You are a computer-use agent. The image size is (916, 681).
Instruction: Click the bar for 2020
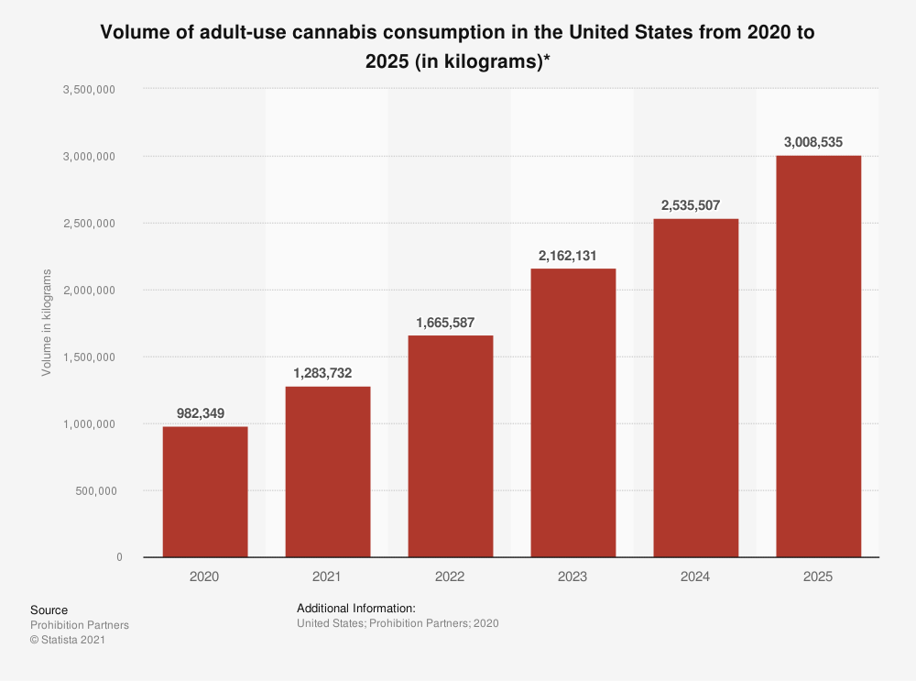[205, 491]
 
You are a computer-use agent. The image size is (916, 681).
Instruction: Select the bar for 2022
[451, 445]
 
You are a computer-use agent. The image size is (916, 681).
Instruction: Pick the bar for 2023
[573, 412]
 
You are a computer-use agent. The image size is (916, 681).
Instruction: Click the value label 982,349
[205, 412]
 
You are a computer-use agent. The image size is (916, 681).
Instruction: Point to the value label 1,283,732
[328, 372]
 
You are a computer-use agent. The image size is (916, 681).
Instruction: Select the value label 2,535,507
[695, 204]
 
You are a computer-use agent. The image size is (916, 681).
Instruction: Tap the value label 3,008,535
[818, 142]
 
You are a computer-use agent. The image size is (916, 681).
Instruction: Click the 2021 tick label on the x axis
[328, 577]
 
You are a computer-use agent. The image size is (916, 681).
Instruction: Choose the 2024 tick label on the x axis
[695, 577]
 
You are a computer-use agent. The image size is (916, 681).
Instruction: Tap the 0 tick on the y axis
[119, 557]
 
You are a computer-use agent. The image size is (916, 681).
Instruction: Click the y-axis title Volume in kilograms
[47, 323]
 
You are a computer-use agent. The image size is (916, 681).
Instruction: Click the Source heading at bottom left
[49, 610]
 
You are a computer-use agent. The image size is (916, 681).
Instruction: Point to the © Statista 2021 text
[68, 641]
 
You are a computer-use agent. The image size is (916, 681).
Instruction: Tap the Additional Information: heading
[356, 608]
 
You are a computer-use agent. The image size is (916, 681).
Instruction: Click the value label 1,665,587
[451, 321]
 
